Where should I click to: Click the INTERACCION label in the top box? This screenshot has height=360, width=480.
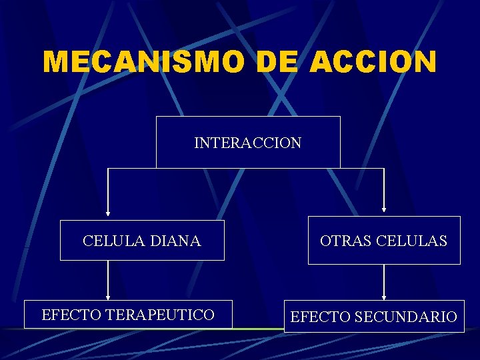coord(247,143)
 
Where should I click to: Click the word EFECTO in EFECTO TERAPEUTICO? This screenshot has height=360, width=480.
coord(65,315)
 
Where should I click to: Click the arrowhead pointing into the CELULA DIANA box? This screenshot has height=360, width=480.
coord(108,217)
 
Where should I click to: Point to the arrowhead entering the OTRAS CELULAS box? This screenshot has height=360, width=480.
coord(383,213)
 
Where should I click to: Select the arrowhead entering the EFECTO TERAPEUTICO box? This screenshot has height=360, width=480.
coord(108,297)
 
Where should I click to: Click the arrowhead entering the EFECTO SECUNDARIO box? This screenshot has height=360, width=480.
coord(383,297)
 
